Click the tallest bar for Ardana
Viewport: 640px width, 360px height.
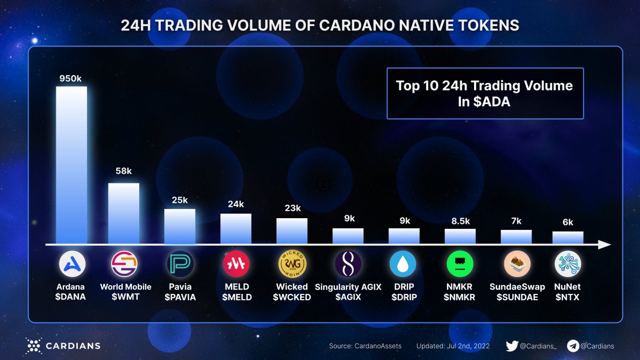71,165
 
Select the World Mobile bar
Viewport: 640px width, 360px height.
124,213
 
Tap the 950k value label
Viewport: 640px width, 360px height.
70,78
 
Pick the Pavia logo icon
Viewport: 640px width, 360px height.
180,263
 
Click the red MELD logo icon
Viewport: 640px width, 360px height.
236,263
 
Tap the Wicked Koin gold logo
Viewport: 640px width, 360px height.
292,263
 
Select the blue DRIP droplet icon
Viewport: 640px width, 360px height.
404,263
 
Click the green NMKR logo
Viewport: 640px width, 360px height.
460,263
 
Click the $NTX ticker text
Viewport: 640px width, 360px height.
567,297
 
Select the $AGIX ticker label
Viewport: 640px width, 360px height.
348,297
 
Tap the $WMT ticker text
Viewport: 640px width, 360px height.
126,297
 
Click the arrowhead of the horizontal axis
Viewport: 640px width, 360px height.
604,245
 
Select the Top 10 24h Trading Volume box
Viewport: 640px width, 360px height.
485,93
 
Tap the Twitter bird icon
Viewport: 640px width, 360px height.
511,346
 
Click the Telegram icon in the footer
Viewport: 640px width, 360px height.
573,346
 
